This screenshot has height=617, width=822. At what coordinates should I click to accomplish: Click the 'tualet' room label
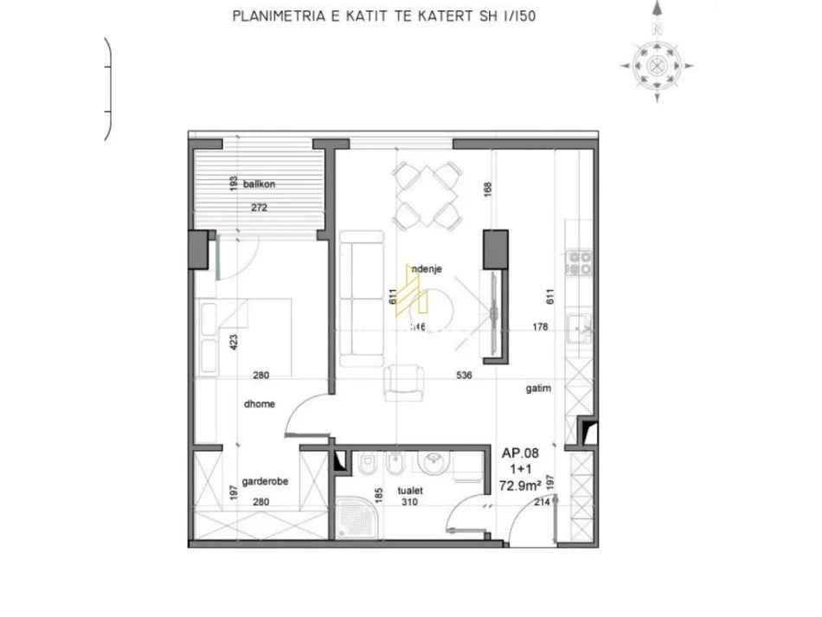[x=410, y=489]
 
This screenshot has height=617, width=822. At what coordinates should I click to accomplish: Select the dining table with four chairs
[x=424, y=195]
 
